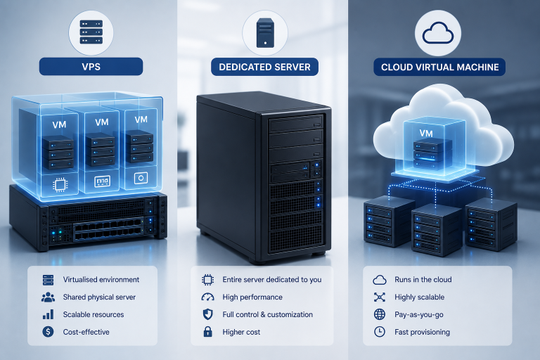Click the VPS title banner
[x=91, y=67]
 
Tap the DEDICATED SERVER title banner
[x=264, y=67]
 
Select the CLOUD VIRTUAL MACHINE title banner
[x=439, y=67]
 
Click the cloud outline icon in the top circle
[x=438, y=33]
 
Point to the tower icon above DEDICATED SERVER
[x=265, y=33]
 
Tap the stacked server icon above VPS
[x=91, y=32]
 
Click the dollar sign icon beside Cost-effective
[x=48, y=332]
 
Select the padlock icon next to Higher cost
[x=207, y=331]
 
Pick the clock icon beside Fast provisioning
[x=380, y=332]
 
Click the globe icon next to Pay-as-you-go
[x=380, y=314]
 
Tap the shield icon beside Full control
[x=207, y=314]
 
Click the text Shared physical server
[x=99, y=297]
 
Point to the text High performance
[x=252, y=297]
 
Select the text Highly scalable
[x=420, y=297]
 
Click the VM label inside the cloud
[x=426, y=134]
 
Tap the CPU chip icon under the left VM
[x=60, y=185]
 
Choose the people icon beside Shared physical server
[x=48, y=297]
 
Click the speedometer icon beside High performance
[x=207, y=297]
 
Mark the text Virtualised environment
[x=101, y=279]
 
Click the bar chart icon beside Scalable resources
[x=48, y=314]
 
